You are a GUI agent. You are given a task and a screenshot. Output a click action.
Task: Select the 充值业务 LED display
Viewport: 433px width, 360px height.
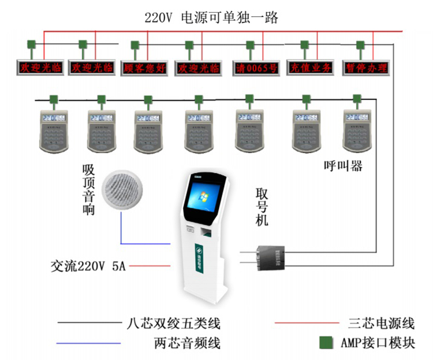[x=311, y=68]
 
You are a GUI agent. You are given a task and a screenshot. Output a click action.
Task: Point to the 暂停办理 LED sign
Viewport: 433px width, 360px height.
[x=365, y=68]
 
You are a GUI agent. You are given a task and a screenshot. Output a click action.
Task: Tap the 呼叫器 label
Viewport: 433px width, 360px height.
[x=344, y=166]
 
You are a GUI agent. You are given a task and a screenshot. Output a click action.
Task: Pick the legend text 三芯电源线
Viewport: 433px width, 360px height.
[x=382, y=322]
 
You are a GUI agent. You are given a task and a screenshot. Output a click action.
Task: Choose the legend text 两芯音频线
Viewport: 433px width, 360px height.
[x=187, y=343]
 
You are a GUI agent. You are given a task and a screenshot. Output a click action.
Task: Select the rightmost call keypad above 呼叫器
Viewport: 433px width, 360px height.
[x=356, y=128]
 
